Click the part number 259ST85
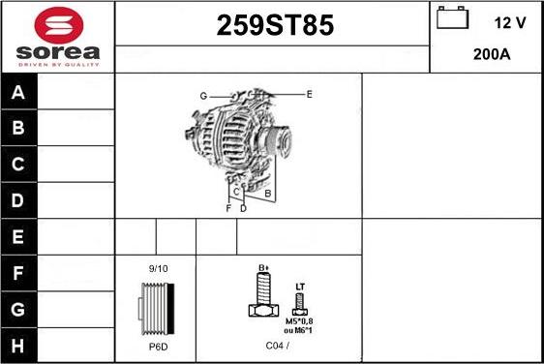coord(275,25)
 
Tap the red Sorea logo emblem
coord(59,25)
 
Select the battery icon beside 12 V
coord(452,17)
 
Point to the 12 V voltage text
coord(510,23)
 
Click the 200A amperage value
coord(492,54)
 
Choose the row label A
coord(18,92)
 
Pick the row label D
coord(17,200)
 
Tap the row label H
coord(17,346)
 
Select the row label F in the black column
coord(18,273)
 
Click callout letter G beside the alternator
coord(203,96)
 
